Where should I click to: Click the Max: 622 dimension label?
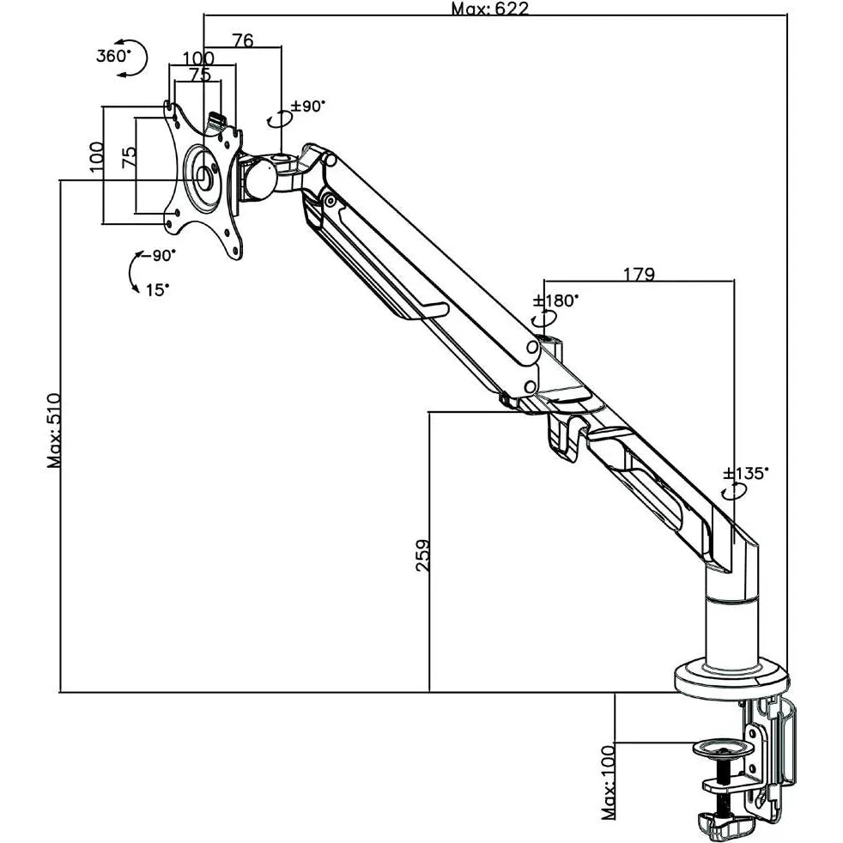pyautogui.click(x=489, y=9)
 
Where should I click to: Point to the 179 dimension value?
pyautogui.click(x=639, y=275)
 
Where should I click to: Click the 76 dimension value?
pyautogui.click(x=243, y=40)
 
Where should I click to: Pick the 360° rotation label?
pyautogui.click(x=112, y=56)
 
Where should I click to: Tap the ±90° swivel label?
pyautogui.click(x=308, y=106)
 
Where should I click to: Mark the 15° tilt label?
pyautogui.click(x=157, y=289)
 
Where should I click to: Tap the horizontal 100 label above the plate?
pyautogui.click(x=198, y=58)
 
